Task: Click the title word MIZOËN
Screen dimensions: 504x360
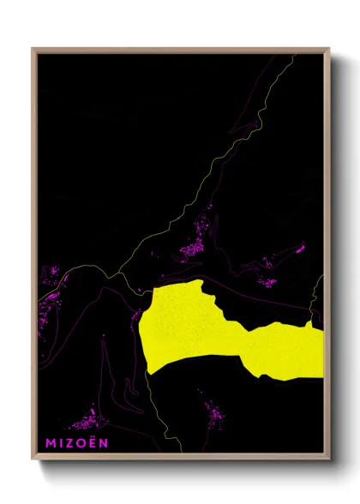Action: coord(77,443)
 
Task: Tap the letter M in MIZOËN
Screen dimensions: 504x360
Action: coord(51,443)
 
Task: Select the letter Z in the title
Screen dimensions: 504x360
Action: coord(71,443)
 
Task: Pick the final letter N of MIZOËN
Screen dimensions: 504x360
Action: coord(104,443)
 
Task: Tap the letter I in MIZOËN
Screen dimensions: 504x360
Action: coord(62,443)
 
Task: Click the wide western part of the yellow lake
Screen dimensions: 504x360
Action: coord(180,330)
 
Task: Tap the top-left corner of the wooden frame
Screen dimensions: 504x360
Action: coord(33,50)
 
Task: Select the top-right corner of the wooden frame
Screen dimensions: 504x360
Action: coord(328,50)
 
